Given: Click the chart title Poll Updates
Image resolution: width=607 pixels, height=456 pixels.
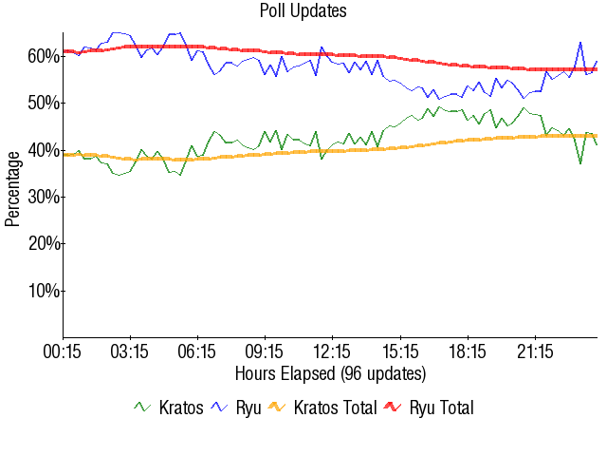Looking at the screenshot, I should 303,11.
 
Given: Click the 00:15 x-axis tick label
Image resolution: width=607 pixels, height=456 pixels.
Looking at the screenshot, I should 64,352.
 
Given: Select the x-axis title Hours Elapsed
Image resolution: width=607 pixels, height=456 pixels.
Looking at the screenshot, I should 330,372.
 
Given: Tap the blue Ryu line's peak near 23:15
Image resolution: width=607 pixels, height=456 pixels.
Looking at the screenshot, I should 579,43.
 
